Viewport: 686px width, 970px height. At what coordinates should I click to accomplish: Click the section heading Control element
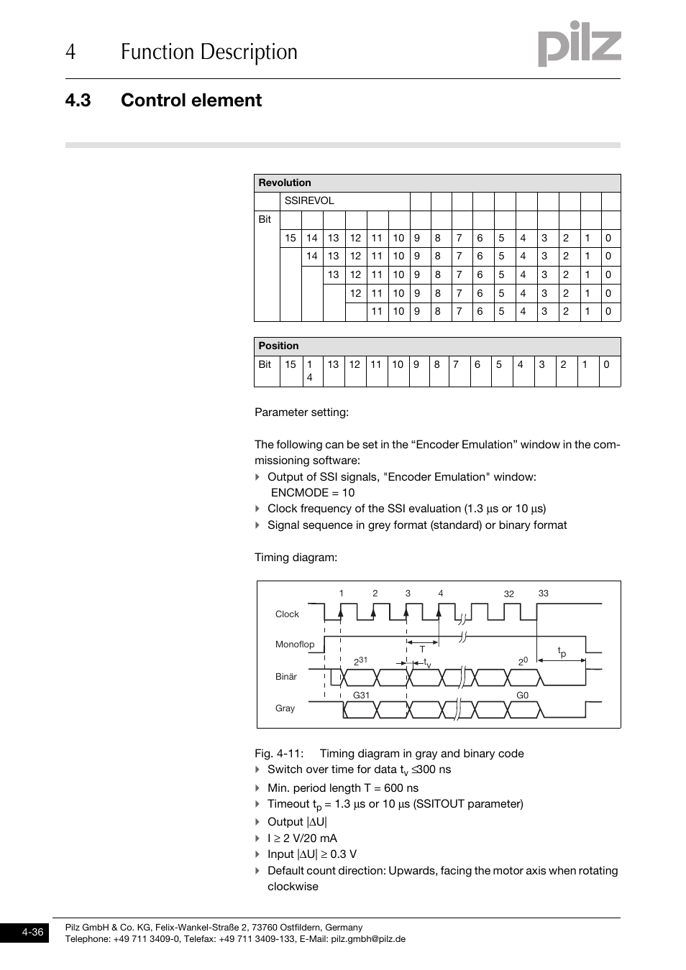click(x=191, y=101)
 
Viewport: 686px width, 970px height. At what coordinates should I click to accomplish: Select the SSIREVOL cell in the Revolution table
click(x=309, y=201)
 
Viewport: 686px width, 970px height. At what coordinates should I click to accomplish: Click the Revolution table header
click(x=285, y=183)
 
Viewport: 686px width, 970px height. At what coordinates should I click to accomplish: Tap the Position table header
click(x=278, y=346)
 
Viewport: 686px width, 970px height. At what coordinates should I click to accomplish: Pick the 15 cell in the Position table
click(x=291, y=365)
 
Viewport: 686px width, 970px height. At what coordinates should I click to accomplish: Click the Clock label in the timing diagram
click(x=287, y=614)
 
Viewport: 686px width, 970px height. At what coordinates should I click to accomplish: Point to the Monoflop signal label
click(x=295, y=645)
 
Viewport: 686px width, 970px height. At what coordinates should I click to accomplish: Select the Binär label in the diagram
click(x=286, y=677)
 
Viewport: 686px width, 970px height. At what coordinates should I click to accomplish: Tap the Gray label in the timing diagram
click(x=285, y=708)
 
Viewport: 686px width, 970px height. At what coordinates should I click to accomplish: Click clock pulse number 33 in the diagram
click(x=544, y=593)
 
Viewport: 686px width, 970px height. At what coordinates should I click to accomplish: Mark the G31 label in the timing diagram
click(x=361, y=696)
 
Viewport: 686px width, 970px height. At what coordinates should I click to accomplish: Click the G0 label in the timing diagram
click(x=523, y=696)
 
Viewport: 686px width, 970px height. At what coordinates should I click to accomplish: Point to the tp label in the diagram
click(x=562, y=652)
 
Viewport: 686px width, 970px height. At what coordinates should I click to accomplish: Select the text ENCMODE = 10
click(x=313, y=493)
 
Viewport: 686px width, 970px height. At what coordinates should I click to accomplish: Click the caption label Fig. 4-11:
click(x=279, y=754)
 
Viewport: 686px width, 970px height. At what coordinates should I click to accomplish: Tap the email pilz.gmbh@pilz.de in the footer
click(x=368, y=939)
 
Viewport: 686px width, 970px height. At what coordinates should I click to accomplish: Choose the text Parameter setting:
click(x=301, y=412)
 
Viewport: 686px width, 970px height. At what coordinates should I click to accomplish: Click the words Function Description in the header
click(x=209, y=52)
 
